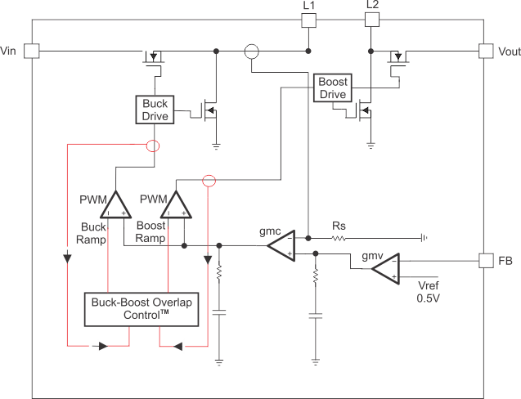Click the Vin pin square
(x=30, y=51)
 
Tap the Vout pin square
(x=488, y=51)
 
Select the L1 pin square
(x=308, y=19)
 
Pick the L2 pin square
(x=372, y=19)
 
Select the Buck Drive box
(x=155, y=110)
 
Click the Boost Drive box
(x=332, y=88)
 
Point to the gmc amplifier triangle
(x=282, y=244)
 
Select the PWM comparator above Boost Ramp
(x=175, y=204)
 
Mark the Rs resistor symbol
(x=339, y=238)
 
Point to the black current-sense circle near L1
(x=252, y=52)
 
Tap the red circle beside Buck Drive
(x=152, y=146)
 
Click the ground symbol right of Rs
(x=422, y=238)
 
